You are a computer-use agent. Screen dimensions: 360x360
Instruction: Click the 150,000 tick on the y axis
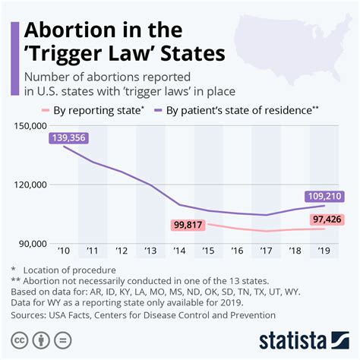(28, 125)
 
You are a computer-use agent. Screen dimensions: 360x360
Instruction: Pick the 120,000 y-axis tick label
(28, 185)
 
